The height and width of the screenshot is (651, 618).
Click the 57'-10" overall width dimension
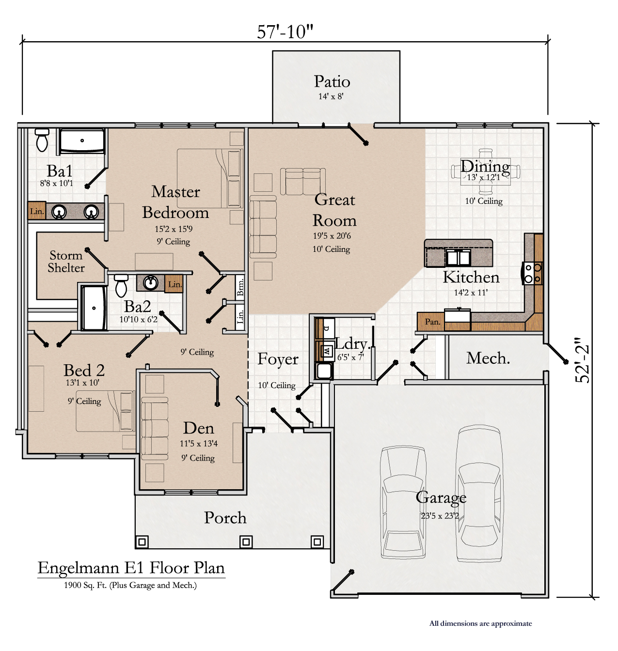pyautogui.click(x=285, y=32)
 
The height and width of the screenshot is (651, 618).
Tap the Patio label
pyautogui.click(x=332, y=81)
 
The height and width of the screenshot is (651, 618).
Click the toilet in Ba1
pyautogui.click(x=42, y=140)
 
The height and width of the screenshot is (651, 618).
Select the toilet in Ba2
pyautogui.click(x=121, y=285)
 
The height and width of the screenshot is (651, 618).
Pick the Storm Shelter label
pyautogui.click(x=66, y=261)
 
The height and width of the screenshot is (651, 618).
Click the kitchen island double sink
pyautogui.click(x=458, y=258)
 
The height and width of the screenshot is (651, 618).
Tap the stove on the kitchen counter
pyautogui.click(x=532, y=273)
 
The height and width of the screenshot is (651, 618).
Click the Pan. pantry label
pyautogui.click(x=433, y=322)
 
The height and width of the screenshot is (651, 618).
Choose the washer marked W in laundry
pyautogui.click(x=326, y=351)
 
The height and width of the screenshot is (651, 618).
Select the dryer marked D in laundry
pyautogui.click(x=326, y=328)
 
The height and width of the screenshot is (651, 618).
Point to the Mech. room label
pyautogui.click(x=488, y=358)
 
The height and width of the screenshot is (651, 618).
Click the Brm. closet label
pyautogui.click(x=240, y=287)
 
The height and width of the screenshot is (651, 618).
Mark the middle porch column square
pyautogui.click(x=246, y=542)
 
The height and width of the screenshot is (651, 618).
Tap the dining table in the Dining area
pyautogui.click(x=486, y=171)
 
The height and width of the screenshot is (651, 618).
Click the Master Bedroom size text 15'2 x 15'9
pyautogui.click(x=174, y=229)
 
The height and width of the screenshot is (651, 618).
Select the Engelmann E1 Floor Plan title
pyautogui.click(x=131, y=568)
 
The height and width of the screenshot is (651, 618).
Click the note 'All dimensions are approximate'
pyautogui.click(x=480, y=623)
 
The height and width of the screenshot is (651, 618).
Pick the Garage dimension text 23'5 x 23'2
pyautogui.click(x=440, y=516)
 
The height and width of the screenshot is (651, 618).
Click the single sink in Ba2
pyautogui.click(x=151, y=282)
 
